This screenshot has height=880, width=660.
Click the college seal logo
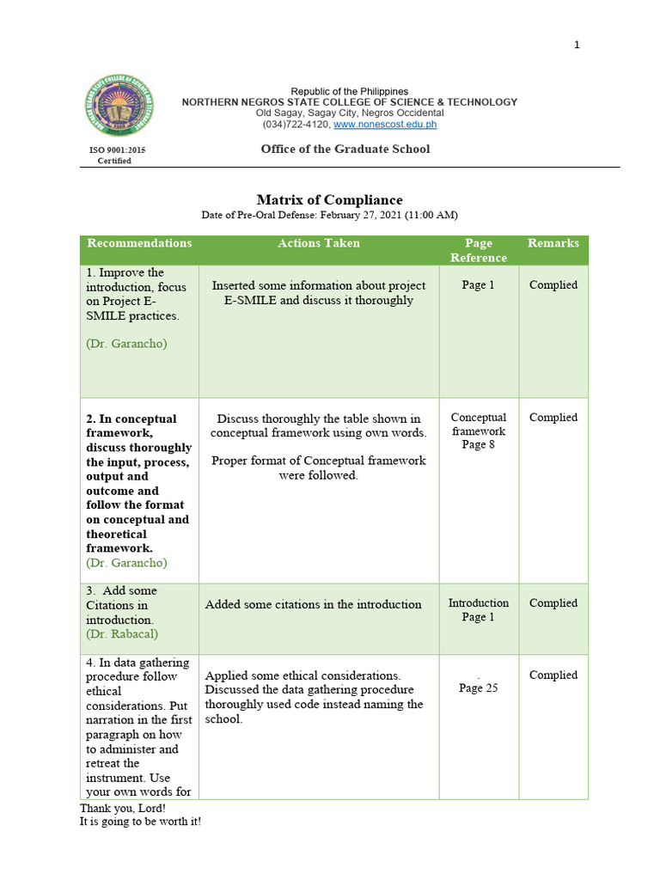tap(120, 108)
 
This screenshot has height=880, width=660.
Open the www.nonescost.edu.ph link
tap(385, 125)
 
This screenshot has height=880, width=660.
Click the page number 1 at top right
tap(577, 45)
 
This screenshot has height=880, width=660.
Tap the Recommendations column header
tap(139, 243)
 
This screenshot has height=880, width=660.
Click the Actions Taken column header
tap(319, 243)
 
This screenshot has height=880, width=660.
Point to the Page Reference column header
tap(479, 250)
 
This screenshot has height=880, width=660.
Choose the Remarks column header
tap(553, 243)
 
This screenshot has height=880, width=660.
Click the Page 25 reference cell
tap(478, 687)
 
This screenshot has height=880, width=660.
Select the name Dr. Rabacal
tap(122, 634)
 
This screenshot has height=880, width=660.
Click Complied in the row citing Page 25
tap(553, 675)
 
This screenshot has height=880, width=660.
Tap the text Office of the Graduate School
tap(345, 150)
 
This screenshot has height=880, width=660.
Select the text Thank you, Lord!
tap(123, 809)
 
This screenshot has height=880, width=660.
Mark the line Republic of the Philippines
tap(349, 91)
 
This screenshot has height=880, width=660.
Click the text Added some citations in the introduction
tap(314, 604)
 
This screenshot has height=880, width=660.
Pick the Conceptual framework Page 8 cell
tap(479, 431)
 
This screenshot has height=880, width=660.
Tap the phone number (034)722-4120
tap(296, 125)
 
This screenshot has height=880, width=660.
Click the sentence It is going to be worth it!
tap(140, 822)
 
